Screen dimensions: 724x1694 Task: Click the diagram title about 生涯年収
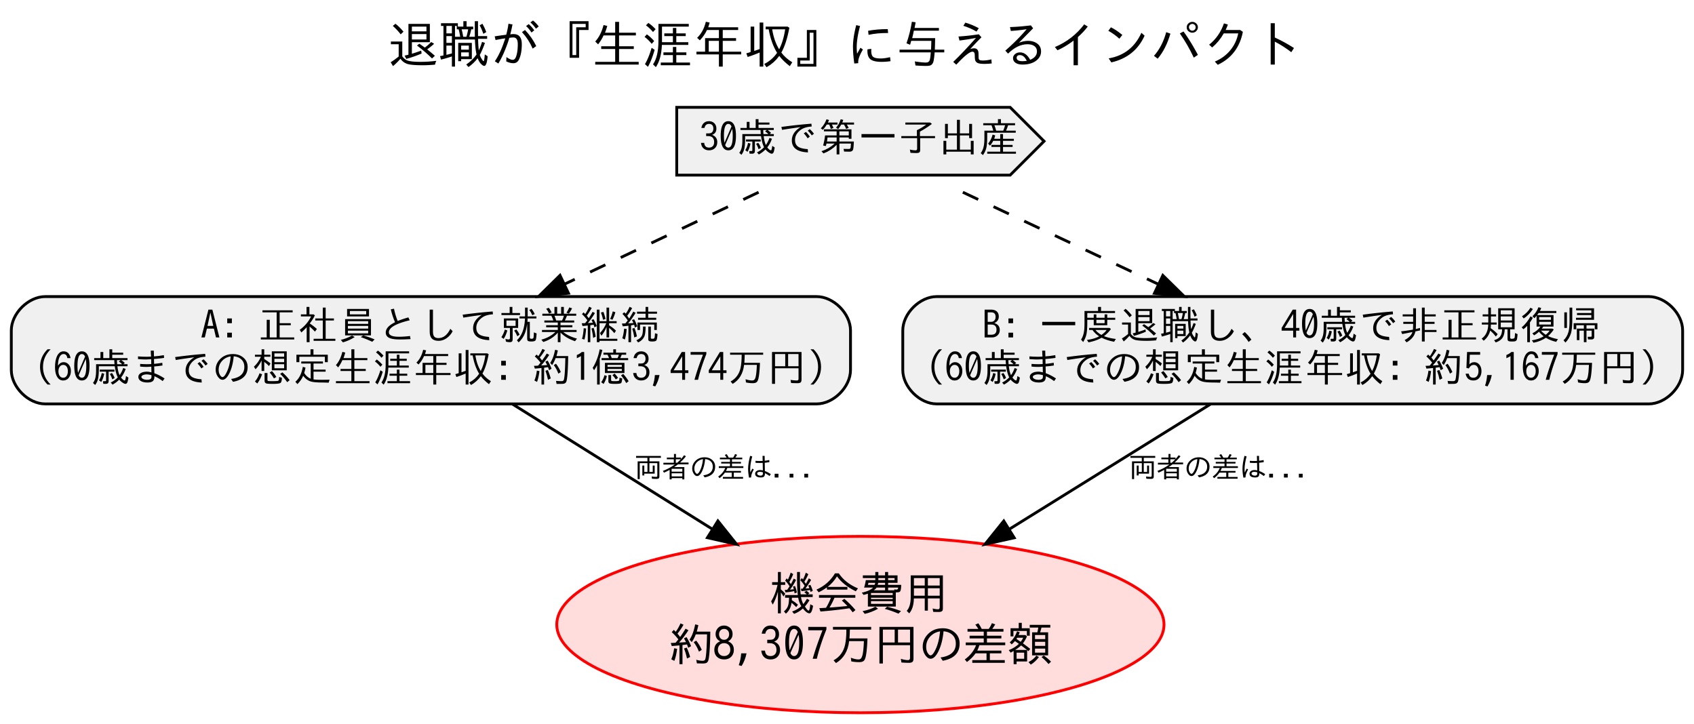[844, 45]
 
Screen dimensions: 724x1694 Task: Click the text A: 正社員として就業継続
[430, 325]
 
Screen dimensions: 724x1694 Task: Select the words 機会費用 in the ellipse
[859, 594]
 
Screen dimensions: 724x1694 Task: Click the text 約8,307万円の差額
[860, 644]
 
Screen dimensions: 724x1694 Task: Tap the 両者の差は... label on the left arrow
[722, 468]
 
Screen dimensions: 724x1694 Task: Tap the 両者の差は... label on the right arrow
[1217, 468]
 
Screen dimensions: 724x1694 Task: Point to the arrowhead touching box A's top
[555, 287]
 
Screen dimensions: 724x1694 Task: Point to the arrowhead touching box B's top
[1168, 287]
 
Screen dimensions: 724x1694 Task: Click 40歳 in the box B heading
[1318, 325]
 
